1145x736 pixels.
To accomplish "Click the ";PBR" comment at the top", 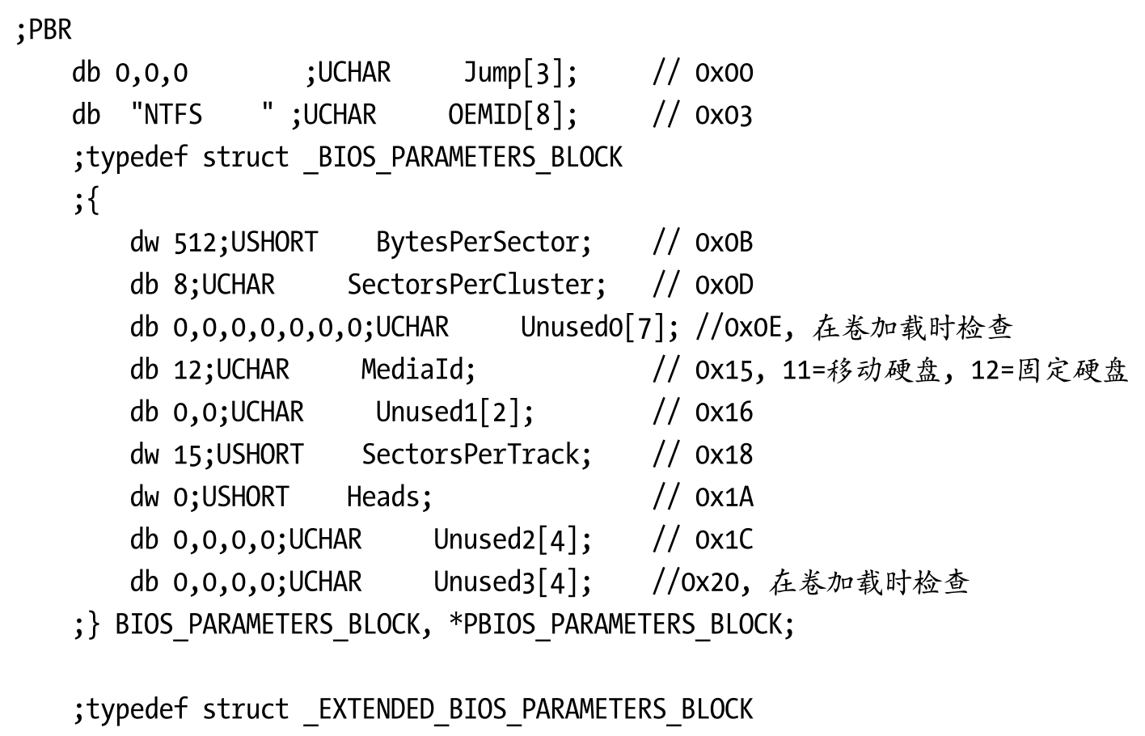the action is (x=44, y=30).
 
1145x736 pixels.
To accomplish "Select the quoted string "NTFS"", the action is (x=202, y=114).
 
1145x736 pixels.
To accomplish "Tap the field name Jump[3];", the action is (x=521, y=73).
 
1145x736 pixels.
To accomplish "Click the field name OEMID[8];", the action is (x=513, y=115).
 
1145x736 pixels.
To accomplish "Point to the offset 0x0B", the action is (x=724, y=243).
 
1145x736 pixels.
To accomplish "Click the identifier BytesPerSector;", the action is (x=484, y=243).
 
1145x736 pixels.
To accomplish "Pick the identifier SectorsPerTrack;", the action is (x=476, y=455).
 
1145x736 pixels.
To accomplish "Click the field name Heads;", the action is (x=390, y=497).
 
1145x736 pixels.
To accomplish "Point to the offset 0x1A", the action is (x=724, y=497).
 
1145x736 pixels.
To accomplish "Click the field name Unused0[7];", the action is (x=600, y=328).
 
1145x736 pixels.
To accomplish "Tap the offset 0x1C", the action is (x=724, y=539).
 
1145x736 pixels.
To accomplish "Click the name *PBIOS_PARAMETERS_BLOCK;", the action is (x=622, y=625).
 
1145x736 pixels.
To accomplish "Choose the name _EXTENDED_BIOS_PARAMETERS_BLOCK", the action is (x=528, y=710).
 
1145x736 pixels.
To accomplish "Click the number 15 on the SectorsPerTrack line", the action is (x=188, y=455).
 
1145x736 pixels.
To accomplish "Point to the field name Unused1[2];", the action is (x=454, y=412).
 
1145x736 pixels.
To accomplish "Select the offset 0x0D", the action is (x=724, y=285).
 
